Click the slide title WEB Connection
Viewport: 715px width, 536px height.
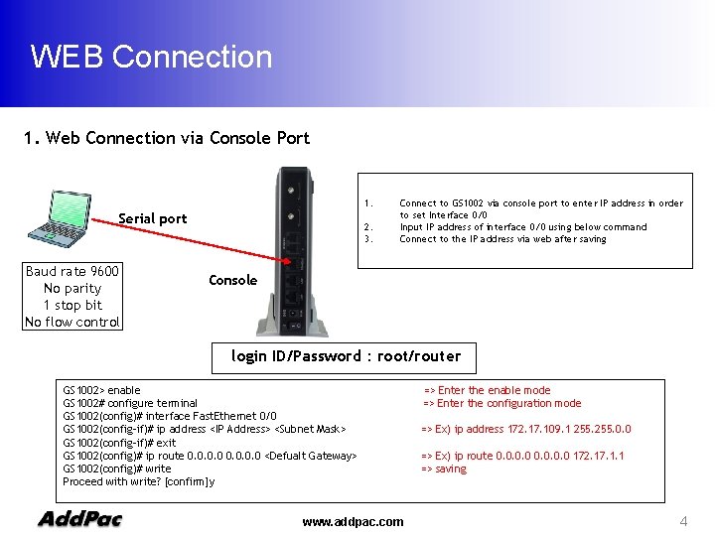coord(151,57)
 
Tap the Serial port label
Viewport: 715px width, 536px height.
coord(152,218)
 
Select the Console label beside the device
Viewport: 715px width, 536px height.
coord(232,280)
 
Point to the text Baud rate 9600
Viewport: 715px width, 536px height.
coord(72,272)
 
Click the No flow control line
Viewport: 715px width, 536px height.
coord(72,322)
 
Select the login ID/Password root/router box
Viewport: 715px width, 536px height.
coord(346,356)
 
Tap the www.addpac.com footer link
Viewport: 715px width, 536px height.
coord(353,521)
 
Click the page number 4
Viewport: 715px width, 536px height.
coord(683,521)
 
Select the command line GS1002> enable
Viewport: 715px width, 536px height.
coord(101,390)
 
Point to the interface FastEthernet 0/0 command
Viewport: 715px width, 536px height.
coord(169,416)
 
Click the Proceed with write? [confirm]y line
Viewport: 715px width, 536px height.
coord(138,481)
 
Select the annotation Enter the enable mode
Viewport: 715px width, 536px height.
coord(487,390)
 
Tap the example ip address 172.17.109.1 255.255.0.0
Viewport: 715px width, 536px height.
coord(526,429)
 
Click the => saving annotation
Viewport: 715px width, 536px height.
coord(444,469)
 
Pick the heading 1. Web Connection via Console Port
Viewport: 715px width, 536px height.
coord(166,138)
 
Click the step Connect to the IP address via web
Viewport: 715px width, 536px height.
coord(502,239)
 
